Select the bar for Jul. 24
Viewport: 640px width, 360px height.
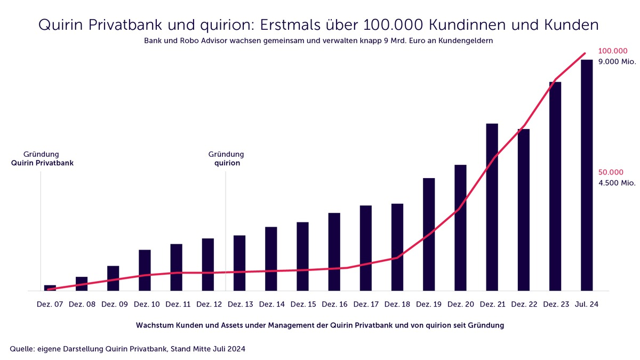(x=587, y=176)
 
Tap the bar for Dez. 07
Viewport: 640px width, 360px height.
(x=50, y=288)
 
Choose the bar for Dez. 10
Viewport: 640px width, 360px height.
(x=145, y=270)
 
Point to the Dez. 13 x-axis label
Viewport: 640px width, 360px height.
(x=241, y=305)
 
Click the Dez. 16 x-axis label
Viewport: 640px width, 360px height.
(x=335, y=305)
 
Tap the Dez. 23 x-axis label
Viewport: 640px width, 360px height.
(x=556, y=305)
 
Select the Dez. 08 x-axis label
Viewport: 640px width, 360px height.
(x=83, y=305)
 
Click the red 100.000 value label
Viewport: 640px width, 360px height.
(x=613, y=51)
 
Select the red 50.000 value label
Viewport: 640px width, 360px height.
(x=611, y=172)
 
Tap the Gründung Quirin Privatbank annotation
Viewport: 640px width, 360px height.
(x=42, y=159)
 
